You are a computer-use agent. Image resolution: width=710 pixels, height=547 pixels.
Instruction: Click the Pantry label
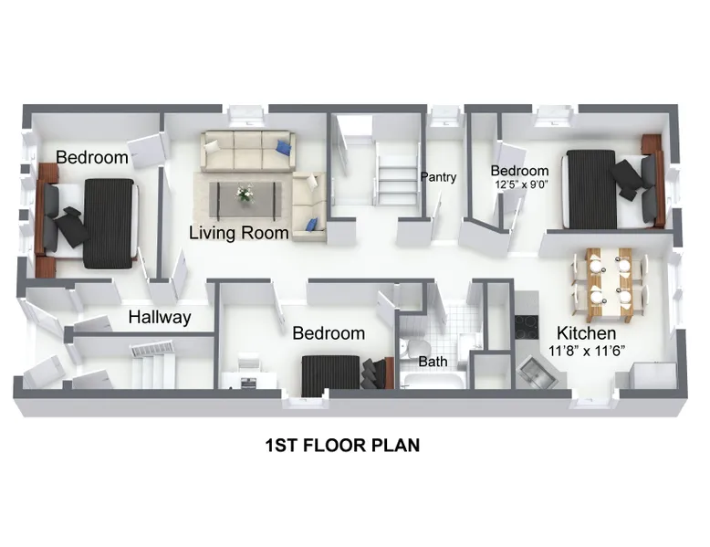(x=438, y=177)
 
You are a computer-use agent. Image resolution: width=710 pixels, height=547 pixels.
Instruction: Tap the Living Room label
(x=238, y=233)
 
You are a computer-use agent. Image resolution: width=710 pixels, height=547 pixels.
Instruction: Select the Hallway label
(x=160, y=317)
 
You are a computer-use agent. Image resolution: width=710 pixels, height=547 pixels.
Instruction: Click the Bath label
(x=433, y=362)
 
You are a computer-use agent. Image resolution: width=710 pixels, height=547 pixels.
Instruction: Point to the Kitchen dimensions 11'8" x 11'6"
(x=587, y=351)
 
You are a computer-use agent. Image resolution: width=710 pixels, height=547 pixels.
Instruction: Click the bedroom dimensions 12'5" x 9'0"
(x=522, y=184)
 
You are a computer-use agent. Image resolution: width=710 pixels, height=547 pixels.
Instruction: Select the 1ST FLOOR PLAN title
(x=342, y=446)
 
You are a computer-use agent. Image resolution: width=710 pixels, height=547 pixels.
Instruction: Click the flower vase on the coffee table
(x=244, y=194)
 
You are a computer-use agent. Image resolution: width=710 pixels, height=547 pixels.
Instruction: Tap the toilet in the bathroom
(x=414, y=351)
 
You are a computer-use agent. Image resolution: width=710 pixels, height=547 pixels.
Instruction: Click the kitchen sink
(x=538, y=372)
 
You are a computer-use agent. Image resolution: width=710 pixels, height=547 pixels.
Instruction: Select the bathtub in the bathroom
(x=432, y=381)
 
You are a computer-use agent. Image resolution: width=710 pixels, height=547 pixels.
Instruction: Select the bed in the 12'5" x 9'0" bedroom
(x=611, y=190)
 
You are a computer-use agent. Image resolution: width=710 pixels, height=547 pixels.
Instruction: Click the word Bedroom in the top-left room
(x=92, y=157)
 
